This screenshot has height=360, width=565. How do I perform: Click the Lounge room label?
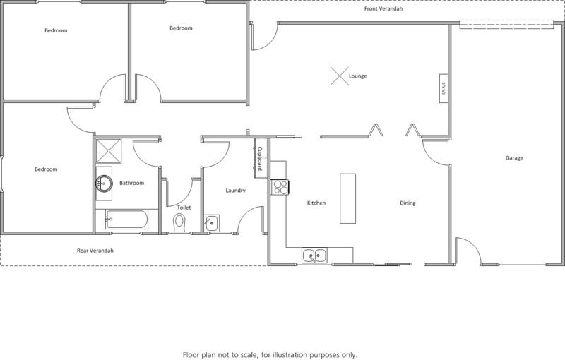tap(357, 76)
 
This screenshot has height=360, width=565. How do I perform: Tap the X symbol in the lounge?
tap(340, 76)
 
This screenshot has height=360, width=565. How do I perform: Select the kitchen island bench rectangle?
tap(347, 199)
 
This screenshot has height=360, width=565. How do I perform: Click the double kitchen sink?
tap(314, 256)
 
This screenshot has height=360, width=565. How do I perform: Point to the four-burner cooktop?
tap(280, 187)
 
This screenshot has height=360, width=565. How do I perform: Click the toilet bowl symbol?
tap(179, 222)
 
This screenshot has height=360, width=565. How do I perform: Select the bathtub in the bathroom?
tap(126, 220)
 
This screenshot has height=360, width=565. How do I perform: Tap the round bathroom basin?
tap(104, 184)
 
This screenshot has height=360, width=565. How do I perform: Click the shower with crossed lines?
tap(109, 151)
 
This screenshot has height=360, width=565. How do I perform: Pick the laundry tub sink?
tap(211, 223)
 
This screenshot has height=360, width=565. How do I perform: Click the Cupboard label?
tap(260, 158)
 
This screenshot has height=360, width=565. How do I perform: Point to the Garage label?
tap(514, 157)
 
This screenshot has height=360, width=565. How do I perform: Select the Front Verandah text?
tap(383, 8)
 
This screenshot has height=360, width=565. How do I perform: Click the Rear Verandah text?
tap(95, 251)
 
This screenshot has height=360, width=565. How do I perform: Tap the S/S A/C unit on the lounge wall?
tap(444, 88)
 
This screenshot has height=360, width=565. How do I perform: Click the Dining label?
tap(408, 203)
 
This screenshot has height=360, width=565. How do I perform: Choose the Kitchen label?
tap(316, 203)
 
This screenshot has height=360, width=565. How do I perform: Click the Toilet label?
tap(184, 208)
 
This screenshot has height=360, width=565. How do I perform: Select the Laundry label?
tap(235, 191)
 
